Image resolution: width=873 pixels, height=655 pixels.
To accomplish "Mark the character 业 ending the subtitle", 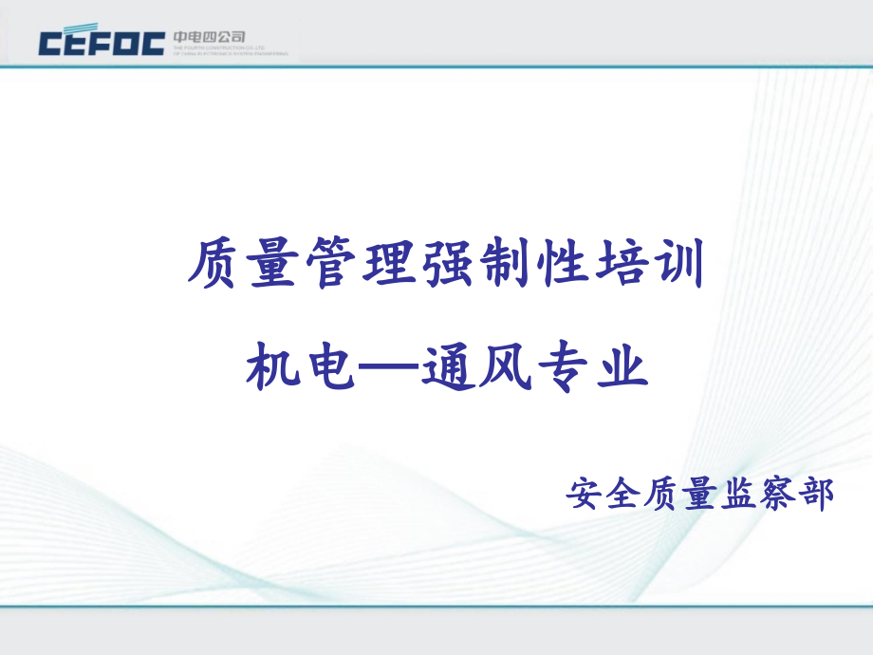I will pos(620,365).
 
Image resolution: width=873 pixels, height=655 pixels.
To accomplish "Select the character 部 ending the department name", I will pos(814,493).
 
